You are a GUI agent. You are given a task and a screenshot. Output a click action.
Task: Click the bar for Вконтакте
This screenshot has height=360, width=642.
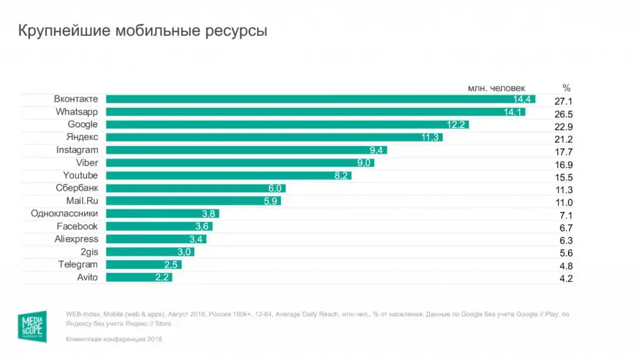(320, 99)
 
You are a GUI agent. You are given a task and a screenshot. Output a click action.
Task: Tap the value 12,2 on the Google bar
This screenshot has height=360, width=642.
(456, 125)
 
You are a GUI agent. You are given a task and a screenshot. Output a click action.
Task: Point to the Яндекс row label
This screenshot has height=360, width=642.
(82, 137)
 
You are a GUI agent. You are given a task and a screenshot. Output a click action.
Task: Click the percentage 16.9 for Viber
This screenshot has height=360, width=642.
(564, 165)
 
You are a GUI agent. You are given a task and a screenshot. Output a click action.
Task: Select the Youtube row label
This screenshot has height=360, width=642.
(80, 176)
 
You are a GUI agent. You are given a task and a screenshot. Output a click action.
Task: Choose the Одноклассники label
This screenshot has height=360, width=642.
(65, 214)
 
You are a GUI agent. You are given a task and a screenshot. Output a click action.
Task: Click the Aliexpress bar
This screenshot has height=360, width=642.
(156, 239)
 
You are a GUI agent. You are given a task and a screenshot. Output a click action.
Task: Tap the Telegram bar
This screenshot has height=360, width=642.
(144, 265)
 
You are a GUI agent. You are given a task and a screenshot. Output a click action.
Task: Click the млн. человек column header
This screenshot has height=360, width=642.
(497, 88)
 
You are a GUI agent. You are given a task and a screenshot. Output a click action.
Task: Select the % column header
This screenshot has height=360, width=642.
(566, 88)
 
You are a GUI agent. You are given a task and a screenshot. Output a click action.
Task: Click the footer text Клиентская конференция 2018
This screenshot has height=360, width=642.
(113, 339)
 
